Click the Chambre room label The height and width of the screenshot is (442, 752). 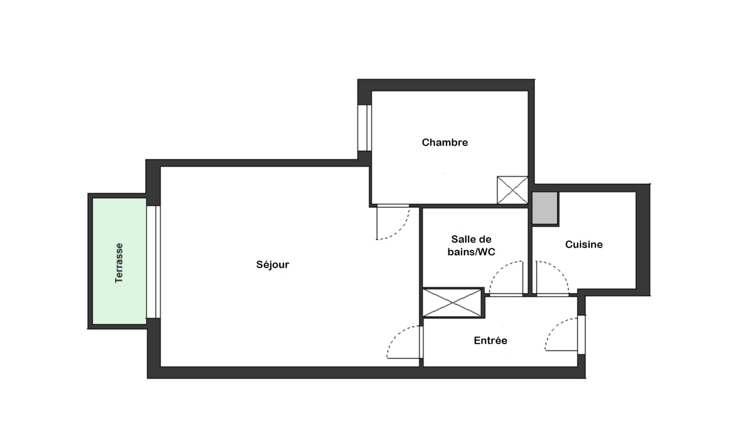[445, 142]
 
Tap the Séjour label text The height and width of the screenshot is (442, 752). [273, 265]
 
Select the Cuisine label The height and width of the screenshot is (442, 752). [584, 245]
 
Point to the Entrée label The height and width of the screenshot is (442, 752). [491, 340]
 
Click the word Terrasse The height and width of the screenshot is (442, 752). [119, 263]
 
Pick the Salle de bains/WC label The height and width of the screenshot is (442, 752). [471, 245]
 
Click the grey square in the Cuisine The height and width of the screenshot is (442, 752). [545, 208]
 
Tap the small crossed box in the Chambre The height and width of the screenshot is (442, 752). [512, 190]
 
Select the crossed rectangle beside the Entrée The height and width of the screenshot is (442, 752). [452, 303]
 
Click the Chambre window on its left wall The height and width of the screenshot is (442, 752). [365, 128]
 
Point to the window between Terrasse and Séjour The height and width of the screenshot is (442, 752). [153, 261]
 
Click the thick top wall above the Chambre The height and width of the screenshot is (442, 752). [446, 85]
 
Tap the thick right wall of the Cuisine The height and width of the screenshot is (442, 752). [643, 240]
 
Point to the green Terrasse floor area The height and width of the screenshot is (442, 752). [119, 261]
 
